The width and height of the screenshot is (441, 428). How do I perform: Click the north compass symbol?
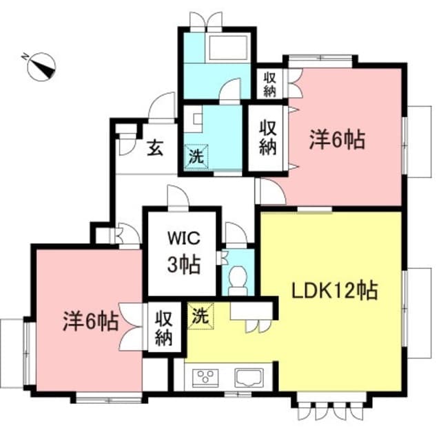pyautogui.click(x=41, y=67)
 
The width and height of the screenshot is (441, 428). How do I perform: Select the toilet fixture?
pyautogui.click(x=238, y=279)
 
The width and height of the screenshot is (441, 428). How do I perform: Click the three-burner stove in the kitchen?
pyautogui.click(x=205, y=378)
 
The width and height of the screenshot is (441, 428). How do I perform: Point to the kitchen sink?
pyautogui.click(x=249, y=378)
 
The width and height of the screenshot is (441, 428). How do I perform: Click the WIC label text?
pyautogui.click(x=184, y=239)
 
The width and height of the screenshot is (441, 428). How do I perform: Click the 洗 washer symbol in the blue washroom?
pyautogui.click(x=196, y=157)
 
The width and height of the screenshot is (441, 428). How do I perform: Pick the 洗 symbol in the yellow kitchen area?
pyautogui.click(x=201, y=316)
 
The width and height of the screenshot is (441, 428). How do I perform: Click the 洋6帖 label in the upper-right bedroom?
pyautogui.click(x=337, y=139)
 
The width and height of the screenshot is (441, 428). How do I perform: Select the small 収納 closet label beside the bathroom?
pyautogui.click(x=269, y=85)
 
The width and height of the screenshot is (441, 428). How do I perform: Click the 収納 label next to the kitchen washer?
pyautogui.click(x=163, y=328)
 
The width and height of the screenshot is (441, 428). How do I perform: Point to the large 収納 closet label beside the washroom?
pyautogui.click(x=267, y=138)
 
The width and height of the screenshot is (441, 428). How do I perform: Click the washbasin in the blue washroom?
pyautogui.click(x=198, y=119)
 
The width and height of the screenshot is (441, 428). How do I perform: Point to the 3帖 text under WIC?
pyautogui.click(x=184, y=264)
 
